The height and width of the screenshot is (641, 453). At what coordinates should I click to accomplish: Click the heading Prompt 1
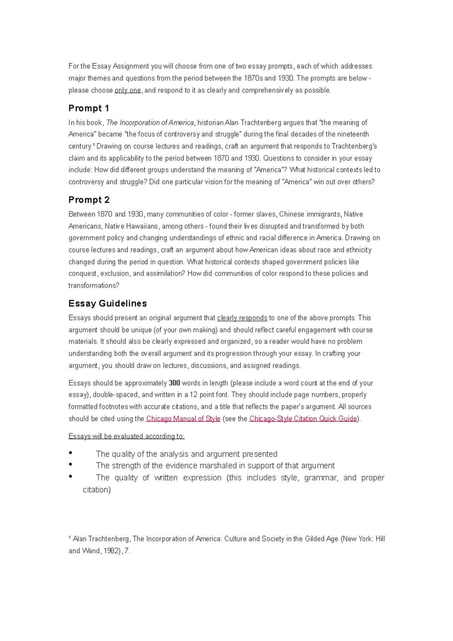point(89,108)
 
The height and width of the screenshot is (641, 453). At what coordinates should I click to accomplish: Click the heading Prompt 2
point(89,200)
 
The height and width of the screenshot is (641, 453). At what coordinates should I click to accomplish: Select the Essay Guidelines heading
point(108,304)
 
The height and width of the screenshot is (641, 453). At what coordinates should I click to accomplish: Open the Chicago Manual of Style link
point(183,419)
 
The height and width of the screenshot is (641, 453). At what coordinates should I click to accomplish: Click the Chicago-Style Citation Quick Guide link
point(303,419)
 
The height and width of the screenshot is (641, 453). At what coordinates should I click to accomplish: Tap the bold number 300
point(174,383)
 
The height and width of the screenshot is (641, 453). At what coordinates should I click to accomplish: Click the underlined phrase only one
point(128,91)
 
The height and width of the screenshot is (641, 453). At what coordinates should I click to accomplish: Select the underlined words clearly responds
point(242,318)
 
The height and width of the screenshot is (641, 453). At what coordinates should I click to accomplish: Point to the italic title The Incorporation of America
point(150,123)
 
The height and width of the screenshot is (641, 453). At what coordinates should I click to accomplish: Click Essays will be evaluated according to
point(126,436)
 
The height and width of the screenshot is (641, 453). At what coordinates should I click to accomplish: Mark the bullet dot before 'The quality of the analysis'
point(71,453)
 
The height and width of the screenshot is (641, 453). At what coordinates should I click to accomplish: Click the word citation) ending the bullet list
point(97,490)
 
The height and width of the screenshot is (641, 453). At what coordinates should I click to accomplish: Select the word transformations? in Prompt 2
point(94,286)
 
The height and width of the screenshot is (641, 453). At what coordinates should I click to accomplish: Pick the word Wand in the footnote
point(91,551)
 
